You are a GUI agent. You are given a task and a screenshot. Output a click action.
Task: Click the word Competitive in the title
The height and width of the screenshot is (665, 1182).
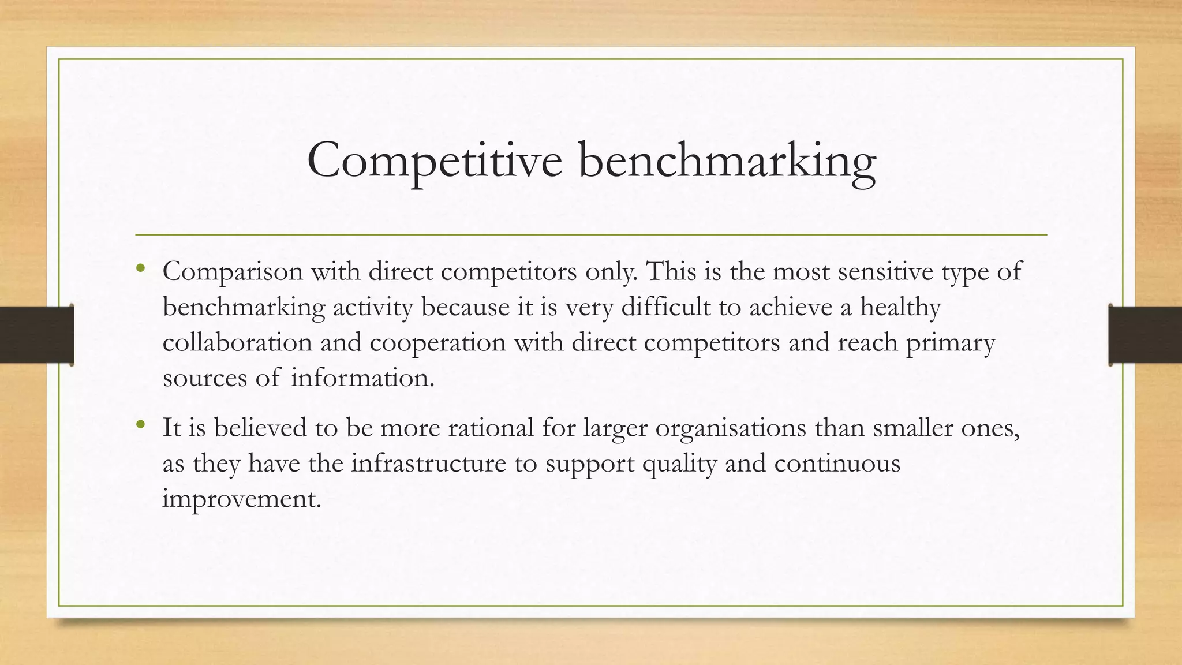tap(434, 160)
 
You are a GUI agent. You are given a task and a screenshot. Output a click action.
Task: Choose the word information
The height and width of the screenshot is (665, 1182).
tap(362, 378)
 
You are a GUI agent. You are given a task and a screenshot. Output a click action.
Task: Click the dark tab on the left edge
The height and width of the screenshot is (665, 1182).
tap(36, 335)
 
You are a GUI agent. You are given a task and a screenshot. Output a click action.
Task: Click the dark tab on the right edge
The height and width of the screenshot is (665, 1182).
tap(1145, 335)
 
